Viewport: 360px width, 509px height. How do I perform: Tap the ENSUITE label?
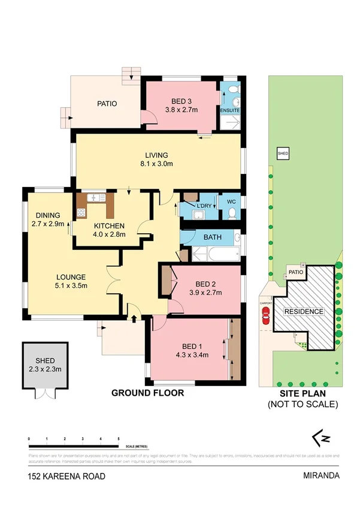pos(230,111)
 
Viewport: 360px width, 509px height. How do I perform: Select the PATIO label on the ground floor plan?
pos(107,103)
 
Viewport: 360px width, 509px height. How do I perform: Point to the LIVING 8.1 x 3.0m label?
pos(156,159)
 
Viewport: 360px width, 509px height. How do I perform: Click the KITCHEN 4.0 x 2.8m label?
pos(109,230)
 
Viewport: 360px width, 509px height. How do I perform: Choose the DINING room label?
pos(47,216)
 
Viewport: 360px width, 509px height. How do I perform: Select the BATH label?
pos(212,237)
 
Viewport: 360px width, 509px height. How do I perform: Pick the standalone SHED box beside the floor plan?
pos(41,368)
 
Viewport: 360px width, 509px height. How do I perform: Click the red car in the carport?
pos(265,315)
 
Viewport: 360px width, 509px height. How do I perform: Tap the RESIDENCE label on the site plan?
pos(304,312)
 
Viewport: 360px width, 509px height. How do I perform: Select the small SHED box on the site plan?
pos(283,154)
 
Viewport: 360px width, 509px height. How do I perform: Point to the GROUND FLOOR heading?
pos(147,394)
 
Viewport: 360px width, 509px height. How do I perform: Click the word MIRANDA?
pos(322,476)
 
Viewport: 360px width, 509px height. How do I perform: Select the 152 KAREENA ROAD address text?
pos(66,477)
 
